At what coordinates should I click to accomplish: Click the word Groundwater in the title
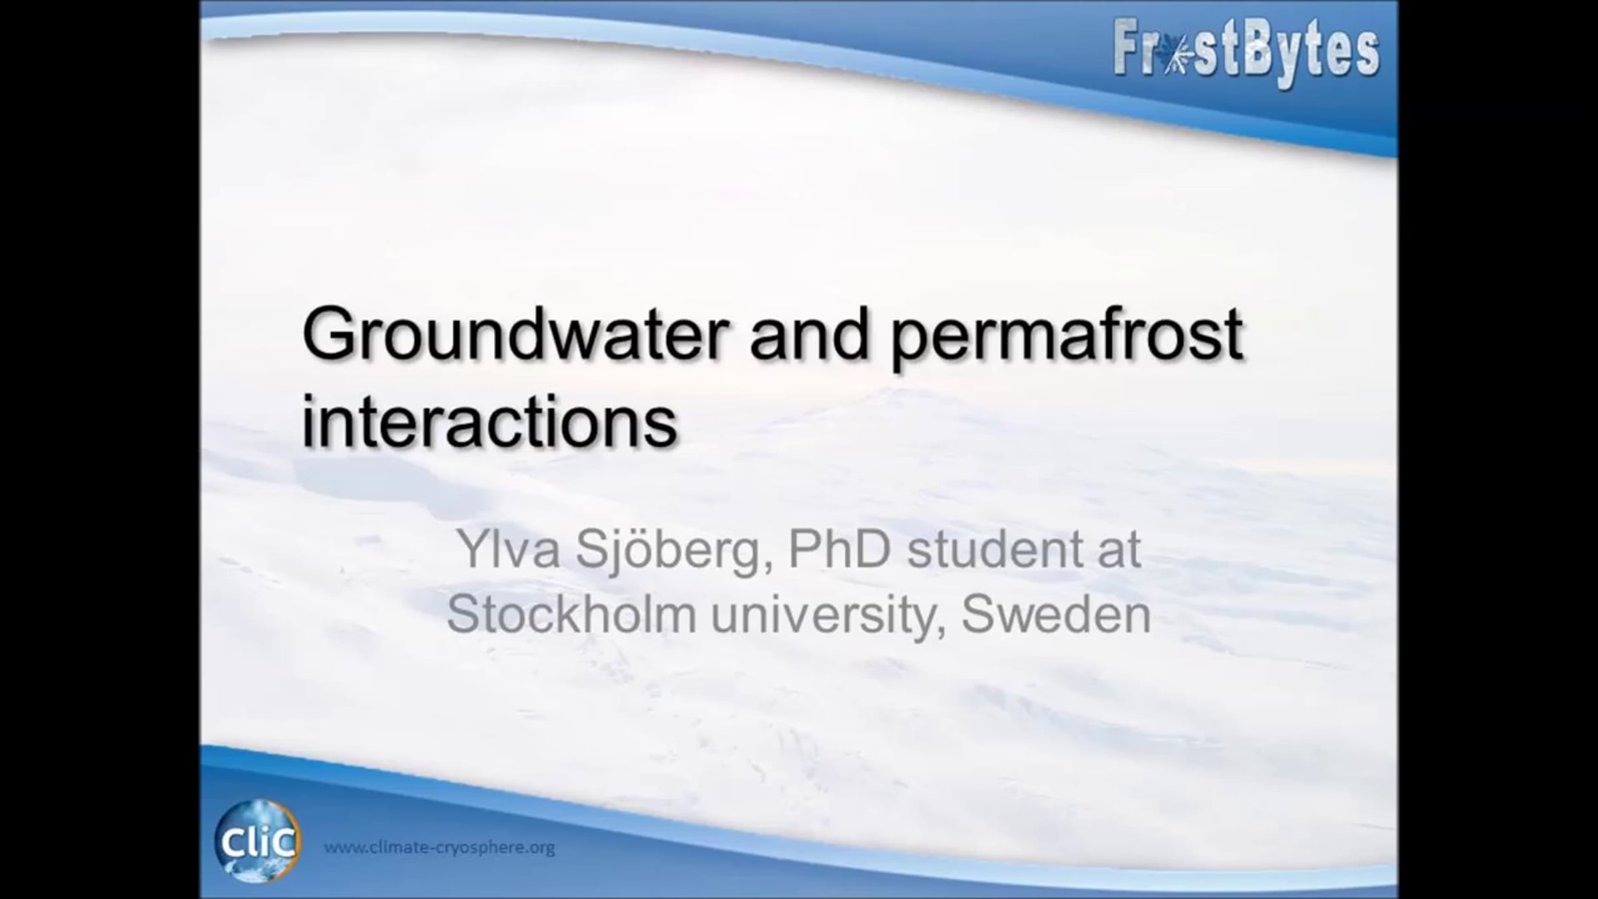(516, 334)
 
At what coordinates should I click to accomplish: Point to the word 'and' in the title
(810, 334)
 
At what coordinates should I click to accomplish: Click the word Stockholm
(571, 613)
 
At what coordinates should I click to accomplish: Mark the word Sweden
(1056, 613)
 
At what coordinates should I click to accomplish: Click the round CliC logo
(257, 841)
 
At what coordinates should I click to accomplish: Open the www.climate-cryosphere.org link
(439, 848)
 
